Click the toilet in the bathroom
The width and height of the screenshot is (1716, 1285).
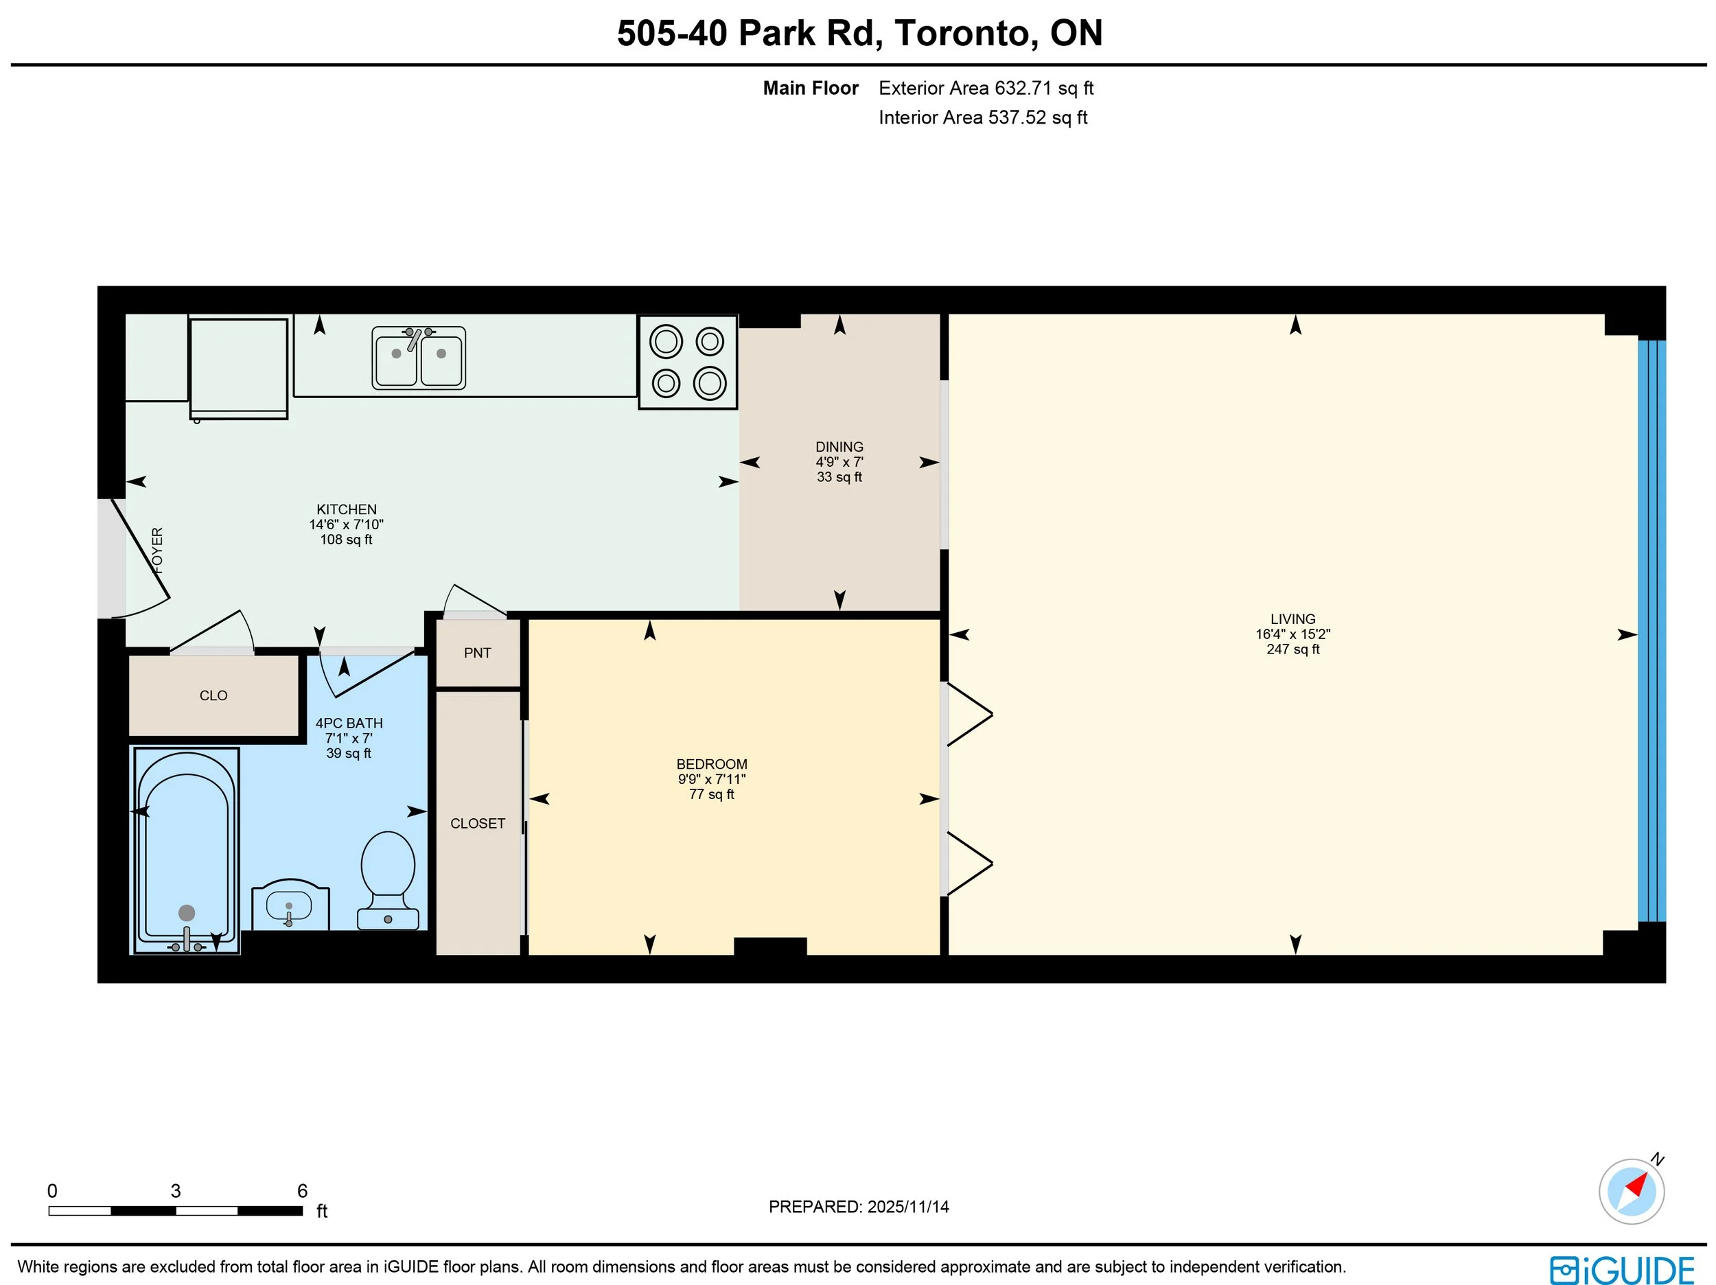pyautogui.click(x=388, y=881)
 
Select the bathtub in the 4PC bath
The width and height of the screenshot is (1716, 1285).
pyautogui.click(x=186, y=850)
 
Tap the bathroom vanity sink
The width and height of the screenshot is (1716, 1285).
pyautogui.click(x=290, y=905)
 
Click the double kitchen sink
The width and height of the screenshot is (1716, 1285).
pyautogui.click(x=419, y=358)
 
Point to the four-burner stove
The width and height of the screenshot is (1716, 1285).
pyautogui.click(x=687, y=362)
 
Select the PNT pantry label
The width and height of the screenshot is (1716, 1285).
pyautogui.click(x=477, y=653)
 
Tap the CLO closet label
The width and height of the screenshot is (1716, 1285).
pyautogui.click(x=213, y=696)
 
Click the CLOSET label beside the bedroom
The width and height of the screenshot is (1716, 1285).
pyautogui.click(x=478, y=823)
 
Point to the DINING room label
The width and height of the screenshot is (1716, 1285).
pyautogui.click(x=839, y=447)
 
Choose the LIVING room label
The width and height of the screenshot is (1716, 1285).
pyautogui.click(x=1293, y=619)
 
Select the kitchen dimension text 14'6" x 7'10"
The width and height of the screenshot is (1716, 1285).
pyautogui.click(x=347, y=524)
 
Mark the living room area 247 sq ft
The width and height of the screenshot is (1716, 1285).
pyautogui.click(x=1293, y=649)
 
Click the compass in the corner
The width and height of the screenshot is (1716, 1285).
pyautogui.click(x=1632, y=1191)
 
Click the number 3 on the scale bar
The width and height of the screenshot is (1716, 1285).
pyautogui.click(x=176, y=1191)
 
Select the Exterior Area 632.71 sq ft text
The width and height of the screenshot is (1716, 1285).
pyautogui.click(x=986, y=89)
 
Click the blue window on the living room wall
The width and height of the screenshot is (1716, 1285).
pyautogui.click(x=1651, y=631)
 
